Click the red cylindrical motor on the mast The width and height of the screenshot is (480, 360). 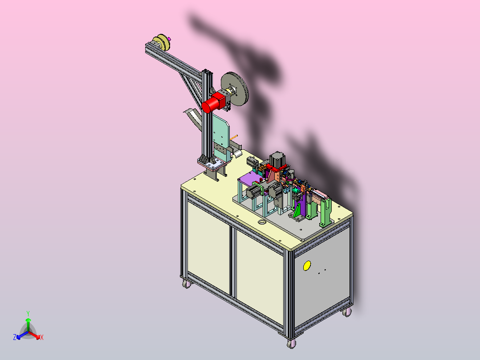(x=212, y=102)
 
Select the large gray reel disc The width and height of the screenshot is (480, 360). (x=235, y=89)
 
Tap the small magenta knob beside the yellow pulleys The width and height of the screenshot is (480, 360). (x=169, y=39)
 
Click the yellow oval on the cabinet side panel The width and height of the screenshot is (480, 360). (x=307, y=266)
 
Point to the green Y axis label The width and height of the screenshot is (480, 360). (x=28, y=313)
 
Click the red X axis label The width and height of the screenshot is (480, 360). (x=42, y=337)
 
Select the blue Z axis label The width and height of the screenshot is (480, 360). (x=14, y=337)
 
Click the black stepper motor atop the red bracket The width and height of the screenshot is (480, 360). (x=277, y=160)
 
